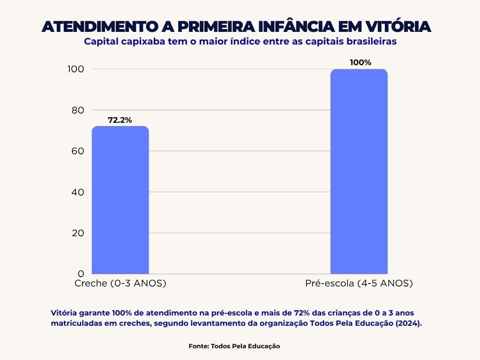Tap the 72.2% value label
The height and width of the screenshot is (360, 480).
(120, 120)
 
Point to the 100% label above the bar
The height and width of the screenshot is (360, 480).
(360, 62)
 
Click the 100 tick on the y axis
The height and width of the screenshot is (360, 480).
(76, 69)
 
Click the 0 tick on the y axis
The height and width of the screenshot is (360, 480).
(81, 273)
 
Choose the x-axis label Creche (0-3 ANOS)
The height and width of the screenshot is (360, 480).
(120, 284)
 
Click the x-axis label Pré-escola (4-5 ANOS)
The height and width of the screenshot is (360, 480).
(359, 284)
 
